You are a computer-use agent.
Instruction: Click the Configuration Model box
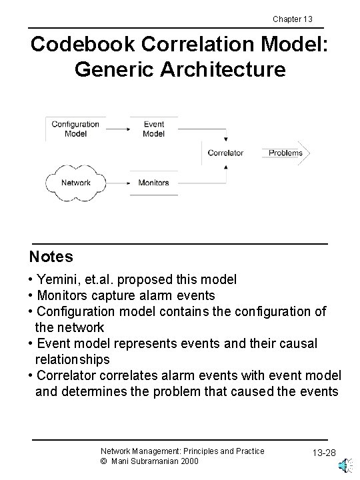tap(75, 129)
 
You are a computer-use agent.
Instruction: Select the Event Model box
tap(154, 129)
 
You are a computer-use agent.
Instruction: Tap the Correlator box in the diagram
tap(225, 153)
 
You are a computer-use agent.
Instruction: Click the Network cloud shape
tap(75, 182)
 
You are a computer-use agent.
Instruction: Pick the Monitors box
tap(154, 182)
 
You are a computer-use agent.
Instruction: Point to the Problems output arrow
tap(287, 153)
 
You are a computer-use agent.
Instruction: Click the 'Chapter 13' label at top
tap(293, 18)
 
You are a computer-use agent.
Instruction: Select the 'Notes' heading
tap(51, 257)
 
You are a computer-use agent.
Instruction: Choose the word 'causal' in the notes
tap(297, 343)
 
